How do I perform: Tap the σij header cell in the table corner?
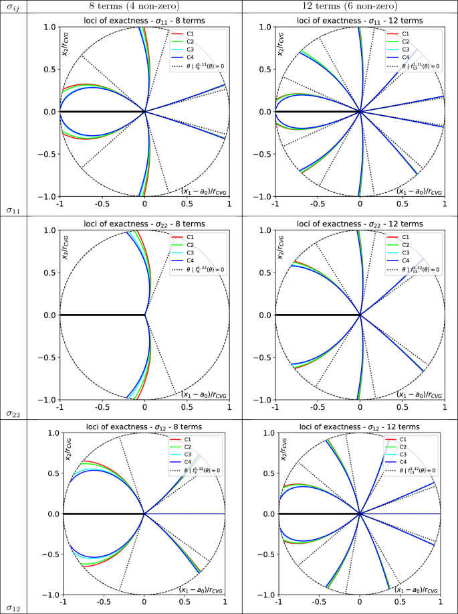[13, 7]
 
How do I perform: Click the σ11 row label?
[13, 212]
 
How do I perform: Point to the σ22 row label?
[13, 414]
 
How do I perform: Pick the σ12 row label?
[13, 608]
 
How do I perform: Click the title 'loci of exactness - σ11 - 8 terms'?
[144, 20]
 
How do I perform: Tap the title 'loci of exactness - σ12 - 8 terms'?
[144, 426]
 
